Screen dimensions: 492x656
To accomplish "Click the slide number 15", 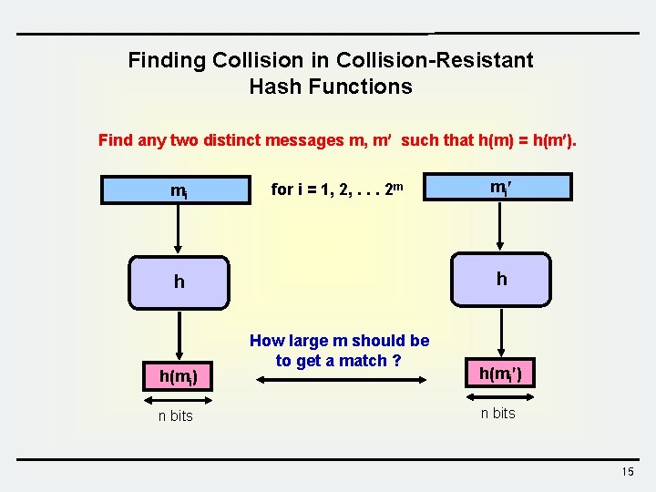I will click(627, 471).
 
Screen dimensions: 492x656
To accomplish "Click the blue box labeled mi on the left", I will click(179, 190).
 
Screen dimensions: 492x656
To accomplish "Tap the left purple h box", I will click(179, 282).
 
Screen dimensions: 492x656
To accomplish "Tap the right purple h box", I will click(501, 279).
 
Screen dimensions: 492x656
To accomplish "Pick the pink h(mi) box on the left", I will click(179, 374).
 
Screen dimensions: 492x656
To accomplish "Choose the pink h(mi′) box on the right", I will click(499, 373).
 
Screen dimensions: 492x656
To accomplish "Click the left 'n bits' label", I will click(175, 415).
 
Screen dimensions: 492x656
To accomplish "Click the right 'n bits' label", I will click(498, 413).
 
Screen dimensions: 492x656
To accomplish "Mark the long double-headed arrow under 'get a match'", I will click(339, 394).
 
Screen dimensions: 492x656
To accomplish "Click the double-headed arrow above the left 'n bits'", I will click(178, 397).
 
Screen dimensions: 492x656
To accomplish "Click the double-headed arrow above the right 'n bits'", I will click(499, 395).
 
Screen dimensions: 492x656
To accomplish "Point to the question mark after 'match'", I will click(396, 360).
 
